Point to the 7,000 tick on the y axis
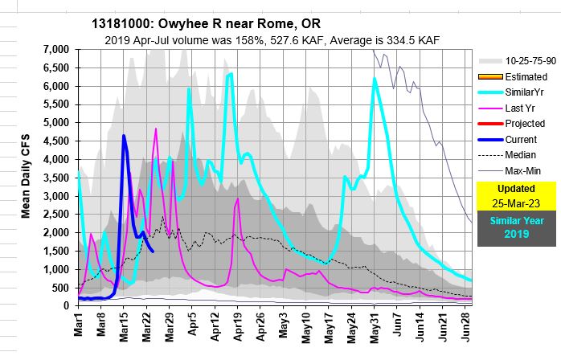click(x=56, y=50)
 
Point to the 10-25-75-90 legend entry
click(x=527, y=61)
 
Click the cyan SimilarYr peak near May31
click(x=375, y=79)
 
